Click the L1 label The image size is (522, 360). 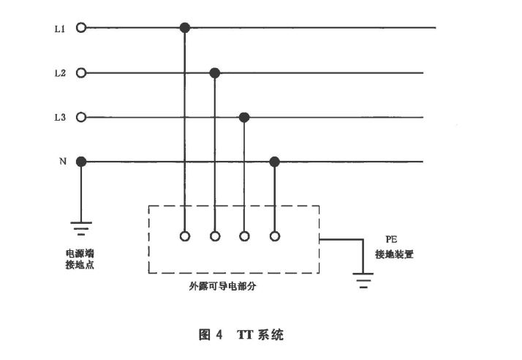60,29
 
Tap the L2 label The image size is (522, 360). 60,73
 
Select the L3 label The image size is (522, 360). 60,117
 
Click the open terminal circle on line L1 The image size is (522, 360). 81,28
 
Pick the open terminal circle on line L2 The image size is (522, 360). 81,73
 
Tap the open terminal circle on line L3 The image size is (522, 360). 81,117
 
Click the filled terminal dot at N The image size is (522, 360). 81,162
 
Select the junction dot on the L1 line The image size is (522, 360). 184,28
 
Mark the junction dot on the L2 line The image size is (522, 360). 214,73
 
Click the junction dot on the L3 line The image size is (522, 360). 244,117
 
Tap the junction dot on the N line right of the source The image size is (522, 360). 275,162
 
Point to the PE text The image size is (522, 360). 390,239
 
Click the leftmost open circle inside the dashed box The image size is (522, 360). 184,236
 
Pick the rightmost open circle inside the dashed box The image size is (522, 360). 275,236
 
